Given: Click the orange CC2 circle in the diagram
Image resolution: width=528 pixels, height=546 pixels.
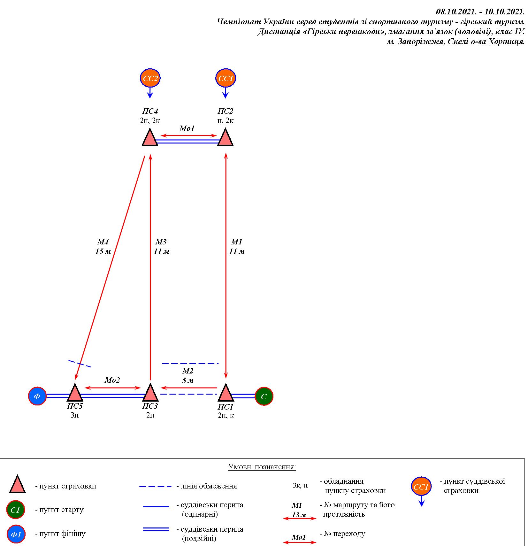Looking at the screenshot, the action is [150, 78].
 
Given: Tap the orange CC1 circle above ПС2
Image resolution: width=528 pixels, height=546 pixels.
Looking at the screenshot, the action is [226, 78].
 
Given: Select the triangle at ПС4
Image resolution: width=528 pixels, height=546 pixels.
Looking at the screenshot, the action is [150, 138].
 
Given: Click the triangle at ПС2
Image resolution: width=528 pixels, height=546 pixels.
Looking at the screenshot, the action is [226, 138].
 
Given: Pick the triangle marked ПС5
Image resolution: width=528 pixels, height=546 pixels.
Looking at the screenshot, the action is [75, 393].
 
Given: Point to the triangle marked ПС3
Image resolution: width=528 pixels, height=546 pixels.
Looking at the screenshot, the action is [150, 393].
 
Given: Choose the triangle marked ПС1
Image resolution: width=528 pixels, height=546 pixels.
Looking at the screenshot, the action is [226, 393].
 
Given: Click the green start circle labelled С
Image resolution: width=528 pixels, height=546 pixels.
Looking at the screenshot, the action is [264, 396].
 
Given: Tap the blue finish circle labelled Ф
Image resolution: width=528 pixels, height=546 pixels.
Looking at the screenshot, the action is [37, 396].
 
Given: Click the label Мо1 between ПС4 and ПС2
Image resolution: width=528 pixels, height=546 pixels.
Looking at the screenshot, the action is [187, 128].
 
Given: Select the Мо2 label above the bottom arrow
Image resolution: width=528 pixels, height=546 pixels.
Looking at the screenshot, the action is [112, 380].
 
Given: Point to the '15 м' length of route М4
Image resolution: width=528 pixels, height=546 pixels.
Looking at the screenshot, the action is [103, 251].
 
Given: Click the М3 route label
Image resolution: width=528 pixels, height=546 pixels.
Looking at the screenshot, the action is [161, 242].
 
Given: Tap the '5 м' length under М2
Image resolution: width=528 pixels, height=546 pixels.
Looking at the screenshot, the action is [188, 381].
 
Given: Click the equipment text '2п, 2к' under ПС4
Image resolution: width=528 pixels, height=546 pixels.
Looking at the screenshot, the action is [150, 120].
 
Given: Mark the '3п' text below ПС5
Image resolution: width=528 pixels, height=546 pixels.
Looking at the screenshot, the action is [74, 415].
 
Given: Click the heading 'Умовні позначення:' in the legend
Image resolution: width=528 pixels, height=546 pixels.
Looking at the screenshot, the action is [262, 467].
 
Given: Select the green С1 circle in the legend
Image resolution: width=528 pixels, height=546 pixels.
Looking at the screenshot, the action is [15, 510].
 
